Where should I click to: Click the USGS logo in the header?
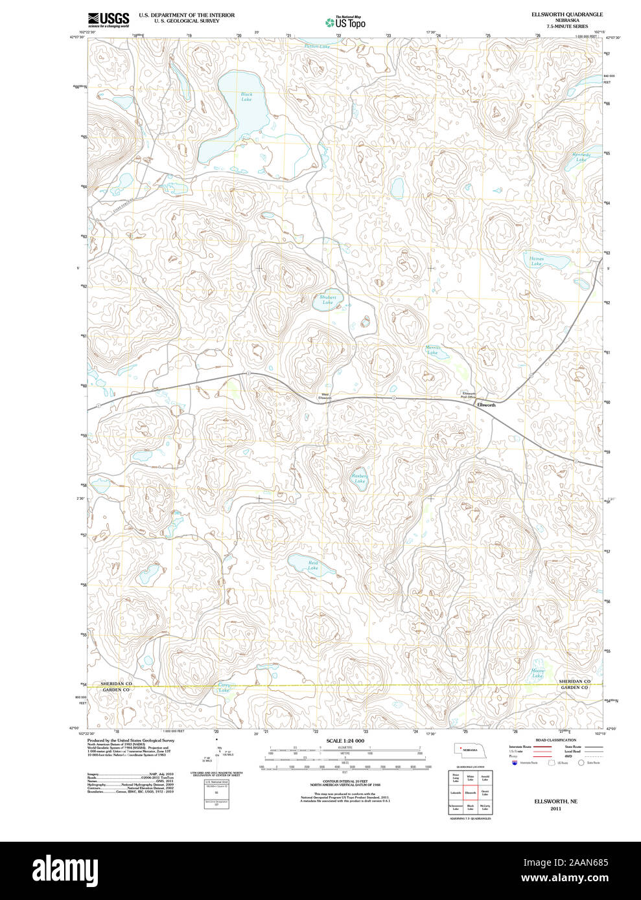(108, 19)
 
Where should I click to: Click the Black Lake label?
(246, 96)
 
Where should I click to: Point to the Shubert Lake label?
(328, 300)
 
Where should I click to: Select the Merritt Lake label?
(432, 350)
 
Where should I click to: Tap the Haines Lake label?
(537, 261)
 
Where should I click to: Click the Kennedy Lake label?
(581, 157)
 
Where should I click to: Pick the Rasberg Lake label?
(360, 478)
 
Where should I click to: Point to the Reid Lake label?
(313, 565)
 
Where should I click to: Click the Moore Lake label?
(538, 673)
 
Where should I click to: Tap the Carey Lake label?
(224, 688)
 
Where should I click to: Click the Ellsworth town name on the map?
(486, 405)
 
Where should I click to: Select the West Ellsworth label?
(325, 396)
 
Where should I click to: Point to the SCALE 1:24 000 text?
(345, 741)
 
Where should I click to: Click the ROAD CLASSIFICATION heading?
(555, 740)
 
